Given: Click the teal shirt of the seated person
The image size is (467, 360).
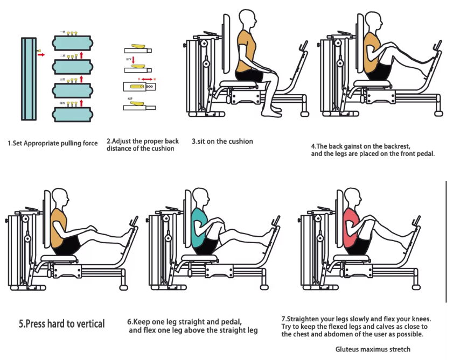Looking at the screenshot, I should pyautogui.click(x=200, y=223).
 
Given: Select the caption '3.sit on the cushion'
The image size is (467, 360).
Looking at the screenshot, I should pyautogui.click(x=222, y=142).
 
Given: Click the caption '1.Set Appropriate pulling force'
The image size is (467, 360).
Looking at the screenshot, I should pyautogui.click(x=53, y=143).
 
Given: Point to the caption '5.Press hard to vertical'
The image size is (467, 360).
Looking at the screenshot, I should pyautogui.click(x=62, y=323).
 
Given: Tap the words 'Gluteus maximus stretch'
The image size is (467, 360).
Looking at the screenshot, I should pyautogui.click(x=373, y=349).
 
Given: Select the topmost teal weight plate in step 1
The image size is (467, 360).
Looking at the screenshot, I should pyautogui.click(x=72, y=42).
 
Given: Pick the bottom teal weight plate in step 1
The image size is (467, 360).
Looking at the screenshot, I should pyautogui.click(x=72, y=114).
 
